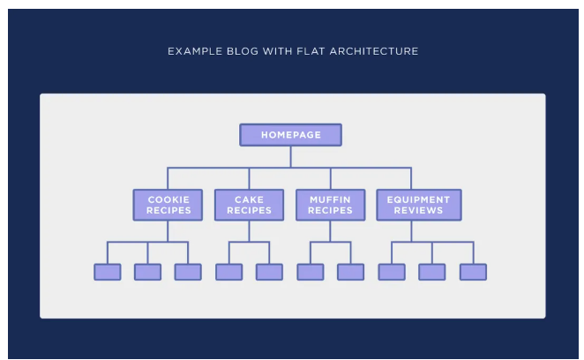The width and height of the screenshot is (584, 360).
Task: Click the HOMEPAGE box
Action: tap(290, 135)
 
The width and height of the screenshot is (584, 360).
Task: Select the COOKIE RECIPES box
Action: tap(168, 205)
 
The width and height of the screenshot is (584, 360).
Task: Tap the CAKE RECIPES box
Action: tap(249, 205)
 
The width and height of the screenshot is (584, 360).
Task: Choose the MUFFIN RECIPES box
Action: tap(330, 205)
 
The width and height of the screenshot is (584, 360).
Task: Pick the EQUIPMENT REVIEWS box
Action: tap(419, 205)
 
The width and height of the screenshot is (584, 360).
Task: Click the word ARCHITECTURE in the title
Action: tap(374, 51)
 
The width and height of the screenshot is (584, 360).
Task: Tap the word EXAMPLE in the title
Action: tap(195, 51)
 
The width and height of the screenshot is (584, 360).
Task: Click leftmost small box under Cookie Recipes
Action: tap(108, 272)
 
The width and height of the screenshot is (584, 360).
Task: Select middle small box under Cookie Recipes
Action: tap(148, 272)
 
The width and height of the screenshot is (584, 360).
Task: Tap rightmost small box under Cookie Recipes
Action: tap(188, 272)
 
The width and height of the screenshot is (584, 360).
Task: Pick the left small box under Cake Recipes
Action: tap(229, 272)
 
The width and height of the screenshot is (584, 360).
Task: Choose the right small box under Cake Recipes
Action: tap(269, 272)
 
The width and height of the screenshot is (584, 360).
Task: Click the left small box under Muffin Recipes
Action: tap(311, 272)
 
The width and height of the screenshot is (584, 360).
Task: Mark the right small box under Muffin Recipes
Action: tap(351, 272)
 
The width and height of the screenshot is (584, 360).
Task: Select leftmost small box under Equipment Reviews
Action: tap(392, 272)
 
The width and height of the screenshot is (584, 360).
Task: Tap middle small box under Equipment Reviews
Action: tap(432, 272)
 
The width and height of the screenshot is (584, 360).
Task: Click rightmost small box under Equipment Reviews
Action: tap(474, 272)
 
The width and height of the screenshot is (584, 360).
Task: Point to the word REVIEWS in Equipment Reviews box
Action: tap(419, 211)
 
